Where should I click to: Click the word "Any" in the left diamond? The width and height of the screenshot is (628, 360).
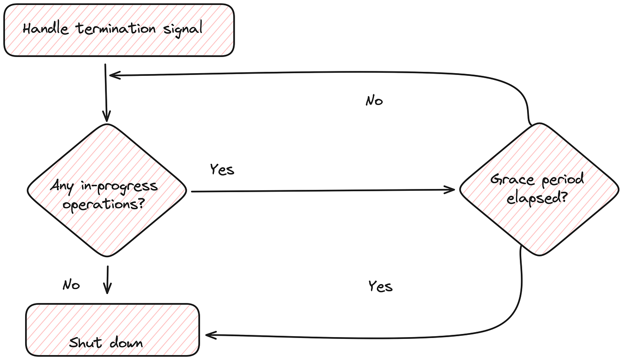tap(62, 186)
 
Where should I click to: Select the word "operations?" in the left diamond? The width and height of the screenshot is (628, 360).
tap(104, 205)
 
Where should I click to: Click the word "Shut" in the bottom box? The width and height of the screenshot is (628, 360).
tap(85, 343)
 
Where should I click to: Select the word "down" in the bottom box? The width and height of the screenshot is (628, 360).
tap(126, 343)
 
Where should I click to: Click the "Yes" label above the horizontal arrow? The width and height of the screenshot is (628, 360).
tap(222, 170)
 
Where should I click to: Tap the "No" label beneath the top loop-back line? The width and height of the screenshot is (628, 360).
tap(374, 101)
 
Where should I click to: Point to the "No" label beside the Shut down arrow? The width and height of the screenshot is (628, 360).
tap(71, 285)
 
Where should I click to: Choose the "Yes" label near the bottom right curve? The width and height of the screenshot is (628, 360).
tap(380, 286)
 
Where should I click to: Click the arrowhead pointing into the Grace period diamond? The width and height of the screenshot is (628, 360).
tap(450, 190)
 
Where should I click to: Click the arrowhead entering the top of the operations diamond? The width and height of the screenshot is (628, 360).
tap(107, 116)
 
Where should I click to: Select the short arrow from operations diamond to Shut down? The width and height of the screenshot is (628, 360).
tap(107, 280)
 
